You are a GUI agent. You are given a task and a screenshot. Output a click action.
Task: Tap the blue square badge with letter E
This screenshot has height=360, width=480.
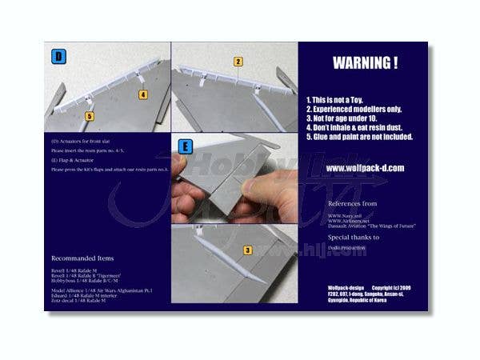tap(186, 147)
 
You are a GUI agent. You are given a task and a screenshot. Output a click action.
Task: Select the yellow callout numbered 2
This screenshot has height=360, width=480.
tap(238, 62)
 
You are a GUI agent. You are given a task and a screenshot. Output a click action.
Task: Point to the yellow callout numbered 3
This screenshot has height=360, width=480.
tap(249, 250)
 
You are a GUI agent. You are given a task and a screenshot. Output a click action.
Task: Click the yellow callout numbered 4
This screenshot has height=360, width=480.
tap(143, 94)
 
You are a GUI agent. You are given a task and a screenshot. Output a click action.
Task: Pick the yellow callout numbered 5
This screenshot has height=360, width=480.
tap(89, 117)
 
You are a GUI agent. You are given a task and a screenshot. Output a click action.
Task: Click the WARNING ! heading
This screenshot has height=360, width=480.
tap(364, 62)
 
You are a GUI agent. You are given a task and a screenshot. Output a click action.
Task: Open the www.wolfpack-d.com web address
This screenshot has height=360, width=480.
tap(365, 168)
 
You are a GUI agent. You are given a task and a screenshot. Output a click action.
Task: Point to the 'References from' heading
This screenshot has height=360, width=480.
tap(354, 204)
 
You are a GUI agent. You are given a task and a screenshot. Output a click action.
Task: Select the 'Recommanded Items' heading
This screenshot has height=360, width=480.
tap(82, 258)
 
